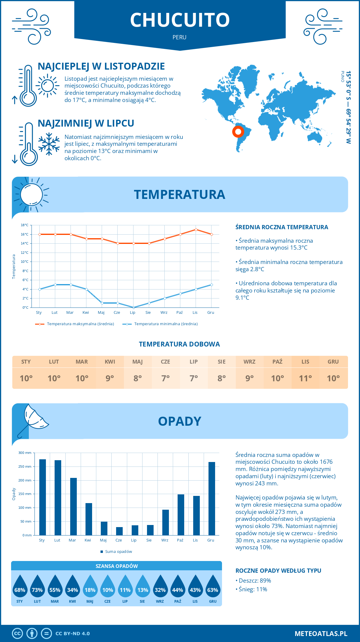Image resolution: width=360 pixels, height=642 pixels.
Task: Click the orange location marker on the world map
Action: click(x=238, y=131)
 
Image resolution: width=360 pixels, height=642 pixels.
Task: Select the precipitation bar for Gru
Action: click(x=212, y=498)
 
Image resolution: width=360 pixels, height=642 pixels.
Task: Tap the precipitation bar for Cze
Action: click(x=119, y=531)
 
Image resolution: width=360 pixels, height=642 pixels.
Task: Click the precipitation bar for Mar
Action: click(x=73, y=506)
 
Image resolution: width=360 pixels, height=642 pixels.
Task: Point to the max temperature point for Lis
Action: click(x=196, y=230)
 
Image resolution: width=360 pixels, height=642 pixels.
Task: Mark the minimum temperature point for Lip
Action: click(x=133, y=307)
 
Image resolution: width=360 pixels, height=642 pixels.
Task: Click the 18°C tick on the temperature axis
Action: click(x=25, y=225)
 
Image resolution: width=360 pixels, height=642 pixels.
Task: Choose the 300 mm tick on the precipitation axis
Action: click(x=25, y=453)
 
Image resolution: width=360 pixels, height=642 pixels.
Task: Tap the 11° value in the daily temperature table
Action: click(x=305, y=378)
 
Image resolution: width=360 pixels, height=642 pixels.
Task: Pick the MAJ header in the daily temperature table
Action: click(x=138, y=362)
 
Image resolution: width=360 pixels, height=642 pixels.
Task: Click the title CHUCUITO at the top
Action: click(x=180, y=20)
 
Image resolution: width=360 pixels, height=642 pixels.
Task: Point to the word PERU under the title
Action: click(x=179, y=37)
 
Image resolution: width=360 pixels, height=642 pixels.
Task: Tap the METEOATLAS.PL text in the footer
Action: click(x=321, y=634)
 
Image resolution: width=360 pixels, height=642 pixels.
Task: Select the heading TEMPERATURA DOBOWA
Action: click(x=179, y=344)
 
